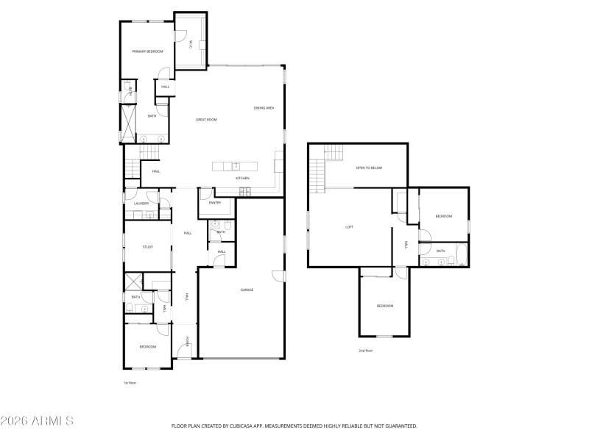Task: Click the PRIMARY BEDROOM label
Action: (147, 51)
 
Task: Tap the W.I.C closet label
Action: (190, 45)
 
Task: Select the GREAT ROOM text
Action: (205, 119)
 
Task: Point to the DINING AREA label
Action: (264, 108)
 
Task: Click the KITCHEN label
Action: (242, 179)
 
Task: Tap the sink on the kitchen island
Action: (236, 165)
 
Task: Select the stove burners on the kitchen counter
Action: (245, 192)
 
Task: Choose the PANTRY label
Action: (215, 202)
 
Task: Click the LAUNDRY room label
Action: (141, 204)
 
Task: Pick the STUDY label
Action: (147, 247)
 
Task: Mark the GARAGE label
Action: (247, 290)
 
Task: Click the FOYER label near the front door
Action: (188, 342)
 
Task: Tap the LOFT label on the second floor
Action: (349, 227)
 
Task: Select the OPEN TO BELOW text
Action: (369, 168)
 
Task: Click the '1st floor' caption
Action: (130, 383)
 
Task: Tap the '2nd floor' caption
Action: (366, 351)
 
